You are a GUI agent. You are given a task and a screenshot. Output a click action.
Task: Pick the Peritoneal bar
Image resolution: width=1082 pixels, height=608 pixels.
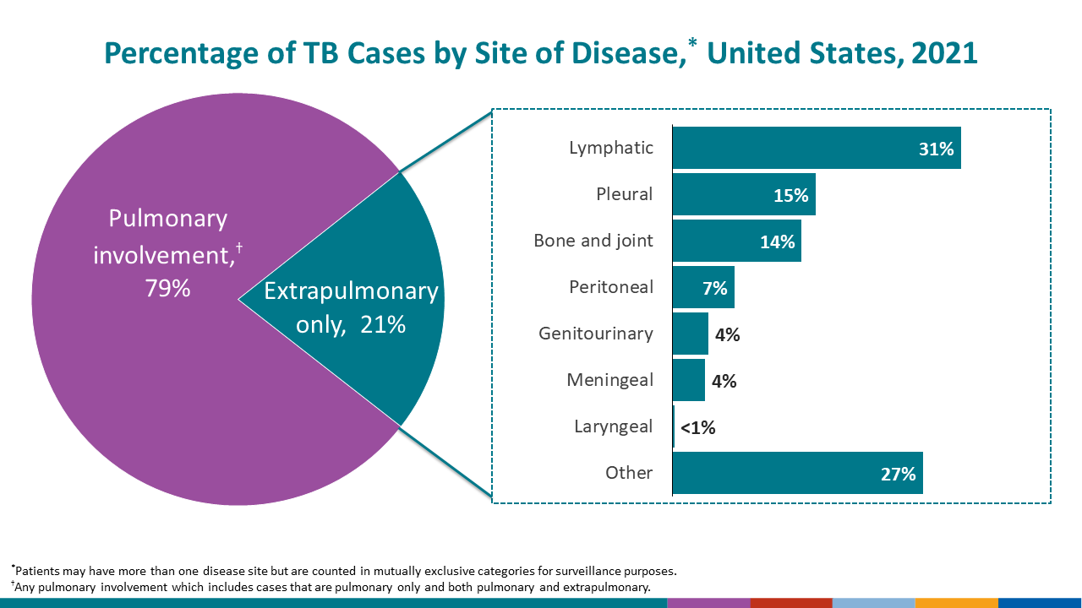coord(689,287)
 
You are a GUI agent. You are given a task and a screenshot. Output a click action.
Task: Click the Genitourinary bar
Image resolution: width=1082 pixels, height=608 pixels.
coord(690,334)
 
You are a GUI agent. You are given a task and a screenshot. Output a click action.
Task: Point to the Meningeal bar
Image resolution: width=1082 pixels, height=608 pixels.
coord(688,380)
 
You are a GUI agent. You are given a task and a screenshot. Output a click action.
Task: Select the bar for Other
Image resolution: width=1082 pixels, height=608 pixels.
coord(778,473)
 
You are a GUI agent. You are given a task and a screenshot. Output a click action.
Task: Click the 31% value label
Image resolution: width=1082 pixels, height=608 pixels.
coord(937,149)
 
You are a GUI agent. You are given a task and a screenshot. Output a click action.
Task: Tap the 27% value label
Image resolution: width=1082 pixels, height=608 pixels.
coord(899,474)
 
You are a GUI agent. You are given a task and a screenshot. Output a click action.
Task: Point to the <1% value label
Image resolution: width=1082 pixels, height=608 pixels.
coord(698,427)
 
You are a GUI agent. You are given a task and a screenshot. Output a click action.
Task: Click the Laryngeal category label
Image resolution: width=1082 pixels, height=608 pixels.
coord(613,426)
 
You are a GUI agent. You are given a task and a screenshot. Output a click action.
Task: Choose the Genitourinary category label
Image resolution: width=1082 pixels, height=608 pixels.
coord(596,334)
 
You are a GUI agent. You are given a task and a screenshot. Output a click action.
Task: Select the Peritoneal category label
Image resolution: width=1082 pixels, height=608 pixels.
coord(611,287)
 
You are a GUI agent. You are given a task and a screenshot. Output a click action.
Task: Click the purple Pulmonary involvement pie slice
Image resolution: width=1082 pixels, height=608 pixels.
coord(127,380)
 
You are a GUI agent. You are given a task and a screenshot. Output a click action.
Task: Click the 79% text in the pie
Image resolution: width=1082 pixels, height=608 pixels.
coord(167,288)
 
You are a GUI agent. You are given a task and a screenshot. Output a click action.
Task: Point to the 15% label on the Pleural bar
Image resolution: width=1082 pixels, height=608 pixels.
coord(791,196)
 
